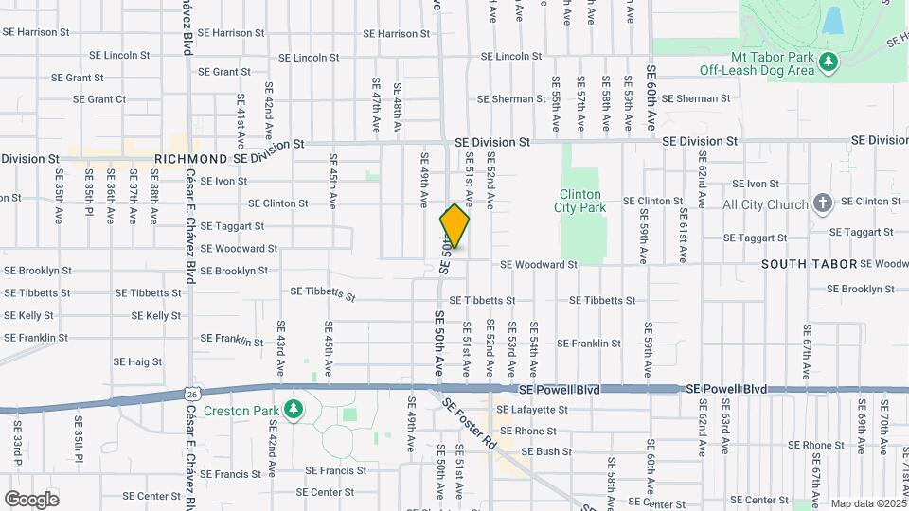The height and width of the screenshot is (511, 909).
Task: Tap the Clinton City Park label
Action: pos(581,201)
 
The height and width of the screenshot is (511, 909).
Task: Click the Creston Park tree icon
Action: pos(294,408)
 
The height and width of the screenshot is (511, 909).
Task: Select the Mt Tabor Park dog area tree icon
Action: pos(829,62)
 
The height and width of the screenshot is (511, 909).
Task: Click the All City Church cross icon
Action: pos(823,203)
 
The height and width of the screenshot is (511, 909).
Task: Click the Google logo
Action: pos(31,500)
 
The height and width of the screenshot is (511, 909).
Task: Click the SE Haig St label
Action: pos(137,361)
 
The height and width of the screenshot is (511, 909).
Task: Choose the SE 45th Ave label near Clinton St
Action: pos(332,173)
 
